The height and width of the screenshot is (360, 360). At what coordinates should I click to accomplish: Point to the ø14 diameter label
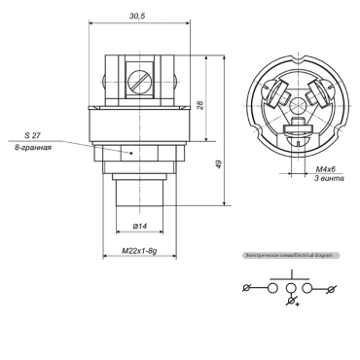tap(139, 226)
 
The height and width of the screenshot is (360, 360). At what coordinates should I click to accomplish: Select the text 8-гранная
tap(40, 147)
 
